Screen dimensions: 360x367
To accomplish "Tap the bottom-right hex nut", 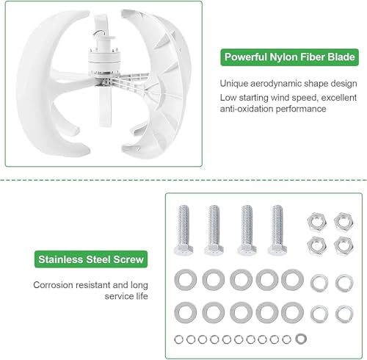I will (x=341, y=245).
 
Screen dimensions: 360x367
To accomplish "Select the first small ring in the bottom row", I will (x=181, y=339).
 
